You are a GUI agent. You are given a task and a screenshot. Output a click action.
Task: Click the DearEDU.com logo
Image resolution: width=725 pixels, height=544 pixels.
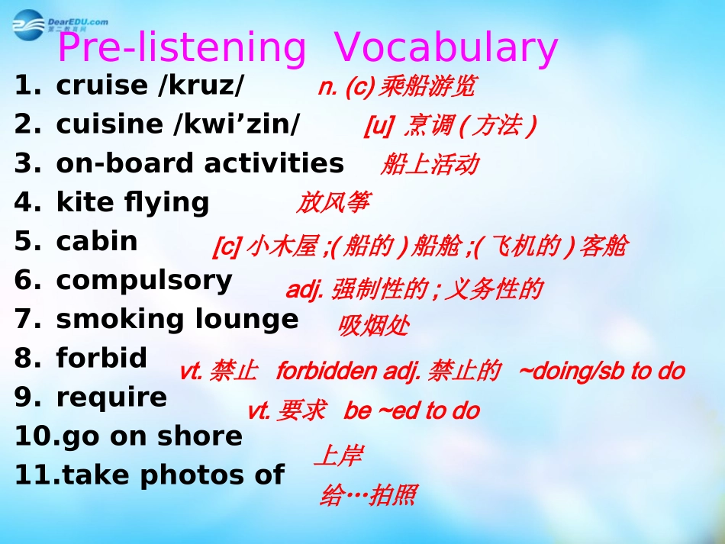coord(60,24)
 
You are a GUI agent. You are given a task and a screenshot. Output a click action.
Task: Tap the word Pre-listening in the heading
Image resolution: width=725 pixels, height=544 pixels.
coord(182,48)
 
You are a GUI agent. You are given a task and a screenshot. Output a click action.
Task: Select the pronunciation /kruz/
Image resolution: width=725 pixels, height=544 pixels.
coord(200,85)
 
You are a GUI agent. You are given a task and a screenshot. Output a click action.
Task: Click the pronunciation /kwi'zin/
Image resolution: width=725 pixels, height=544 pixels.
coord(237,124)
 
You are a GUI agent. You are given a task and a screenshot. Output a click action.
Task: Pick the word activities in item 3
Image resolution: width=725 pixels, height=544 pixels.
coord(274,163)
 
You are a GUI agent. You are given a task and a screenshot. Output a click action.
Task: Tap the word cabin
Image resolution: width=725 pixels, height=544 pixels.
coord(97,241)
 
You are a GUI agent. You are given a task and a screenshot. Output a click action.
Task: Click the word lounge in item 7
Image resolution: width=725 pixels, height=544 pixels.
coord(246,320)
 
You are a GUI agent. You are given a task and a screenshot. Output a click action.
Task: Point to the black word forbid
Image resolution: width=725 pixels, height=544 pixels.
coord(101,357)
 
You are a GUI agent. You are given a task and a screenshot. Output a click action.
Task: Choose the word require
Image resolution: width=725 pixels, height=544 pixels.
coord(111,398)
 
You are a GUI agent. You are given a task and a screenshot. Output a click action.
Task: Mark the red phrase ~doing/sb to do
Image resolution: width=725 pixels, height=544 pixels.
coord(601,372)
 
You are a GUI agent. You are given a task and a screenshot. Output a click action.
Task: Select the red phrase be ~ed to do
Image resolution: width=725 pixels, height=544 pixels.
coord(411,410)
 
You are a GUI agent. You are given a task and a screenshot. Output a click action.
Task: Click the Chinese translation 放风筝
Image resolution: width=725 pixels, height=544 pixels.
coord(333,202)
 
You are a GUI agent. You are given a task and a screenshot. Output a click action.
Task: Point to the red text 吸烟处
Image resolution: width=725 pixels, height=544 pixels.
coord(374,325)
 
